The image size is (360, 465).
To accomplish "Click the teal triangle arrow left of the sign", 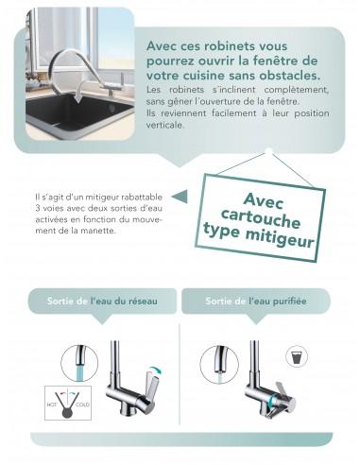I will tap(182, 196).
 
